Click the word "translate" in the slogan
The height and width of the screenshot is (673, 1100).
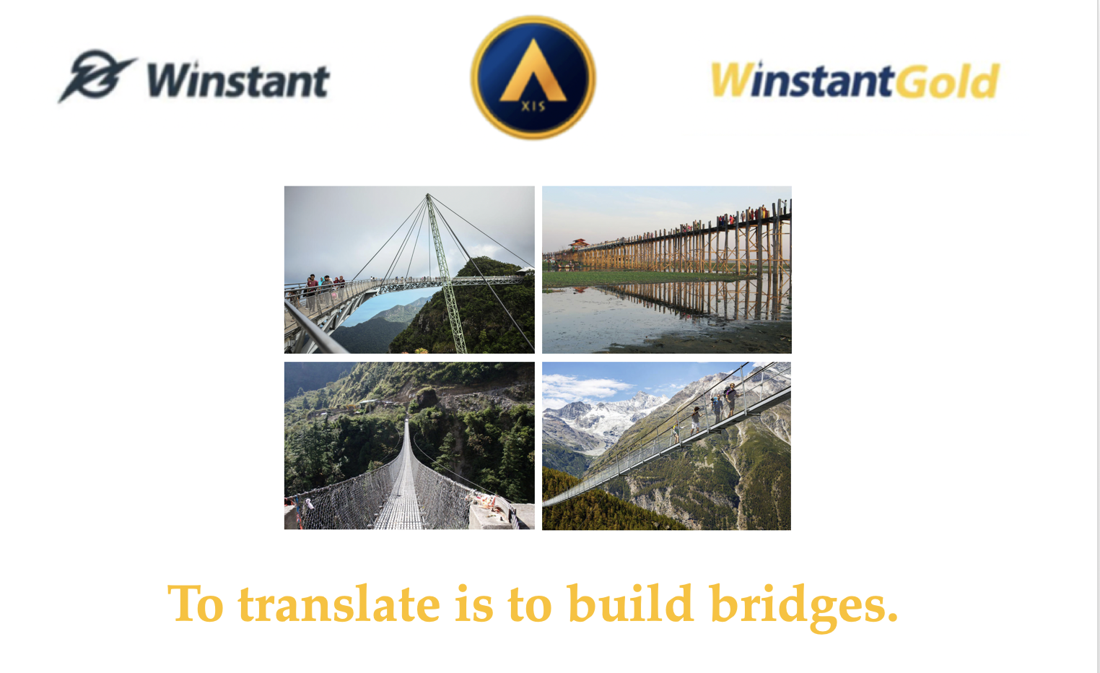coord(339,604)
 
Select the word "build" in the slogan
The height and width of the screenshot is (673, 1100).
coord(631,603)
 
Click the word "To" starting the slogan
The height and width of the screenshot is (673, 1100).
coord(196,603)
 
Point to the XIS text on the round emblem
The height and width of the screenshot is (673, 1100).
coord(533,105)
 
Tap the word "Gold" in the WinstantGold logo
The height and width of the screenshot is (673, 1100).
coord(947,80)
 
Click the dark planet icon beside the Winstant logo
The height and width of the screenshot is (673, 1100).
coord(97,75)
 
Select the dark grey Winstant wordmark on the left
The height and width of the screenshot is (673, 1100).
coord(238,79)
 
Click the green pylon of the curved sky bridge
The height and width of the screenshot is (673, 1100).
coord(445,273)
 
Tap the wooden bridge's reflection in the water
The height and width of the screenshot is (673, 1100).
coord(687,300)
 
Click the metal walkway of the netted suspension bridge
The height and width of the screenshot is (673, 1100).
coord(403,482)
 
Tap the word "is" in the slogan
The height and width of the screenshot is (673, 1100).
coord(474,604)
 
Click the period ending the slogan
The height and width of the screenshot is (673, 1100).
coord(892,618)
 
